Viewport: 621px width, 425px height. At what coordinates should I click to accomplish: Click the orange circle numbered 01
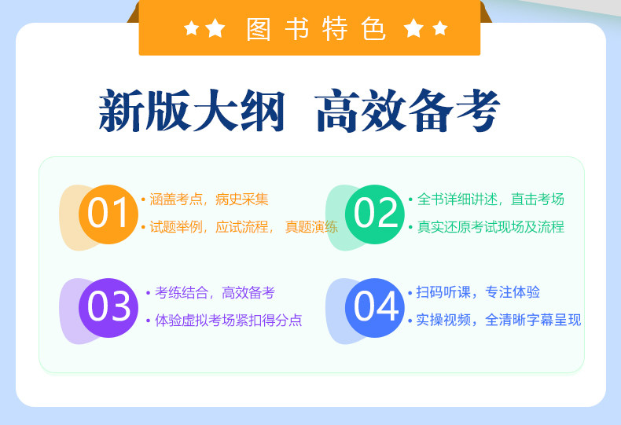click(x=108, y=214)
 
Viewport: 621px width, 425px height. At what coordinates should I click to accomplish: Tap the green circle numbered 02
click(x=375, y=214)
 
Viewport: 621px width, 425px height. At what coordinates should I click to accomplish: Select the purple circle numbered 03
click(x=108, y=308)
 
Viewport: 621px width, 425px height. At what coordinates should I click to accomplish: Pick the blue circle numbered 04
click(x=375, y=308)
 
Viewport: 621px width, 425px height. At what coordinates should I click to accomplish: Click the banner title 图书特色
click(x=316, y=29)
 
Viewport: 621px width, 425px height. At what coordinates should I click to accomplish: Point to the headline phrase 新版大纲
click(x=191, y=110)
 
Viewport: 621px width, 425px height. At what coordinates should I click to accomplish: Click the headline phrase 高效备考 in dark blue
click(x=407, y=110)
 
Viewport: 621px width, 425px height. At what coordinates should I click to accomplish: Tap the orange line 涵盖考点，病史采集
click(x=209, y=199)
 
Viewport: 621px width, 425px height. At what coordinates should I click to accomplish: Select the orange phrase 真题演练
click(x=311, y=227)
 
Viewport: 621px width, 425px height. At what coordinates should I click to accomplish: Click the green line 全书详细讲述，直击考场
click(x=491, y=199)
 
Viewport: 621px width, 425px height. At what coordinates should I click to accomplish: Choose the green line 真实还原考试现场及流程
click(x=491, y=227)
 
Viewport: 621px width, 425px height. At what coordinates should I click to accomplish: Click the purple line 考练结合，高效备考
click(x=215, y=292)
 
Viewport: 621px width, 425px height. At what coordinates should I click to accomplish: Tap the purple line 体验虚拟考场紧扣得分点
click(x=229, y=320)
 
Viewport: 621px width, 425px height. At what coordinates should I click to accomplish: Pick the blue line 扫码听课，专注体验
click(x=478, y=292)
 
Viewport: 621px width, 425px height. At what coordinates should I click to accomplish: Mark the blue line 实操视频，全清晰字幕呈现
click(x=498, y=320)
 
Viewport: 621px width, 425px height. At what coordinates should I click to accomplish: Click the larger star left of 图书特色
click(x=215, y=27)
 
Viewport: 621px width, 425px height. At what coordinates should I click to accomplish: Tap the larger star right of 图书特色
click(x=413, y=27)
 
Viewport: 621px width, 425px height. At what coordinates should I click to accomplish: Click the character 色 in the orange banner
click(x=373, y=29)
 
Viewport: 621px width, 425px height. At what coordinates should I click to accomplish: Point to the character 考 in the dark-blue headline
click(x=478, y=111)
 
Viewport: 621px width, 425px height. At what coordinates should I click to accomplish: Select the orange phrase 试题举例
click(x=175, y=227)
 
